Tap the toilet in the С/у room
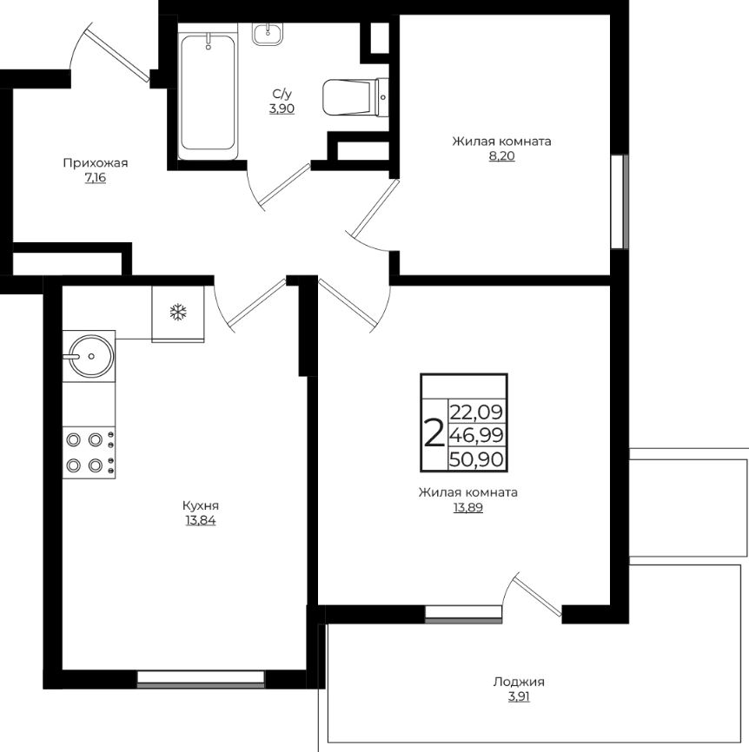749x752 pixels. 355,97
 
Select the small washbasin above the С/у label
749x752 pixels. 268,34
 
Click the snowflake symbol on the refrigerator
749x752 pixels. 178,313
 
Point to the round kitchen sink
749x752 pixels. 90,356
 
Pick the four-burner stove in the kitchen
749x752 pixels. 89,452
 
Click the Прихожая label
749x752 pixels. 96,163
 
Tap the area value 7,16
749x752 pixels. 95,178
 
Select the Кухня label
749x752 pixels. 201,505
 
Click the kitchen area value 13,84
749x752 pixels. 201,520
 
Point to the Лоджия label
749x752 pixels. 519,682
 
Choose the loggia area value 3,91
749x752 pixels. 519,696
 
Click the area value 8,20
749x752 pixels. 502,156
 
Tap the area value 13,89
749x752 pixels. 467,507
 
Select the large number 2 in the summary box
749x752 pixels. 434,432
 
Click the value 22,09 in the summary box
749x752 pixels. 476,412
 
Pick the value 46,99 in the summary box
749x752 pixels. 476,435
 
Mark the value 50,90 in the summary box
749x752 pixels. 476,459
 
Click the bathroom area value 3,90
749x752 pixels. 282,109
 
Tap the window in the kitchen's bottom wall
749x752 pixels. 201,679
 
